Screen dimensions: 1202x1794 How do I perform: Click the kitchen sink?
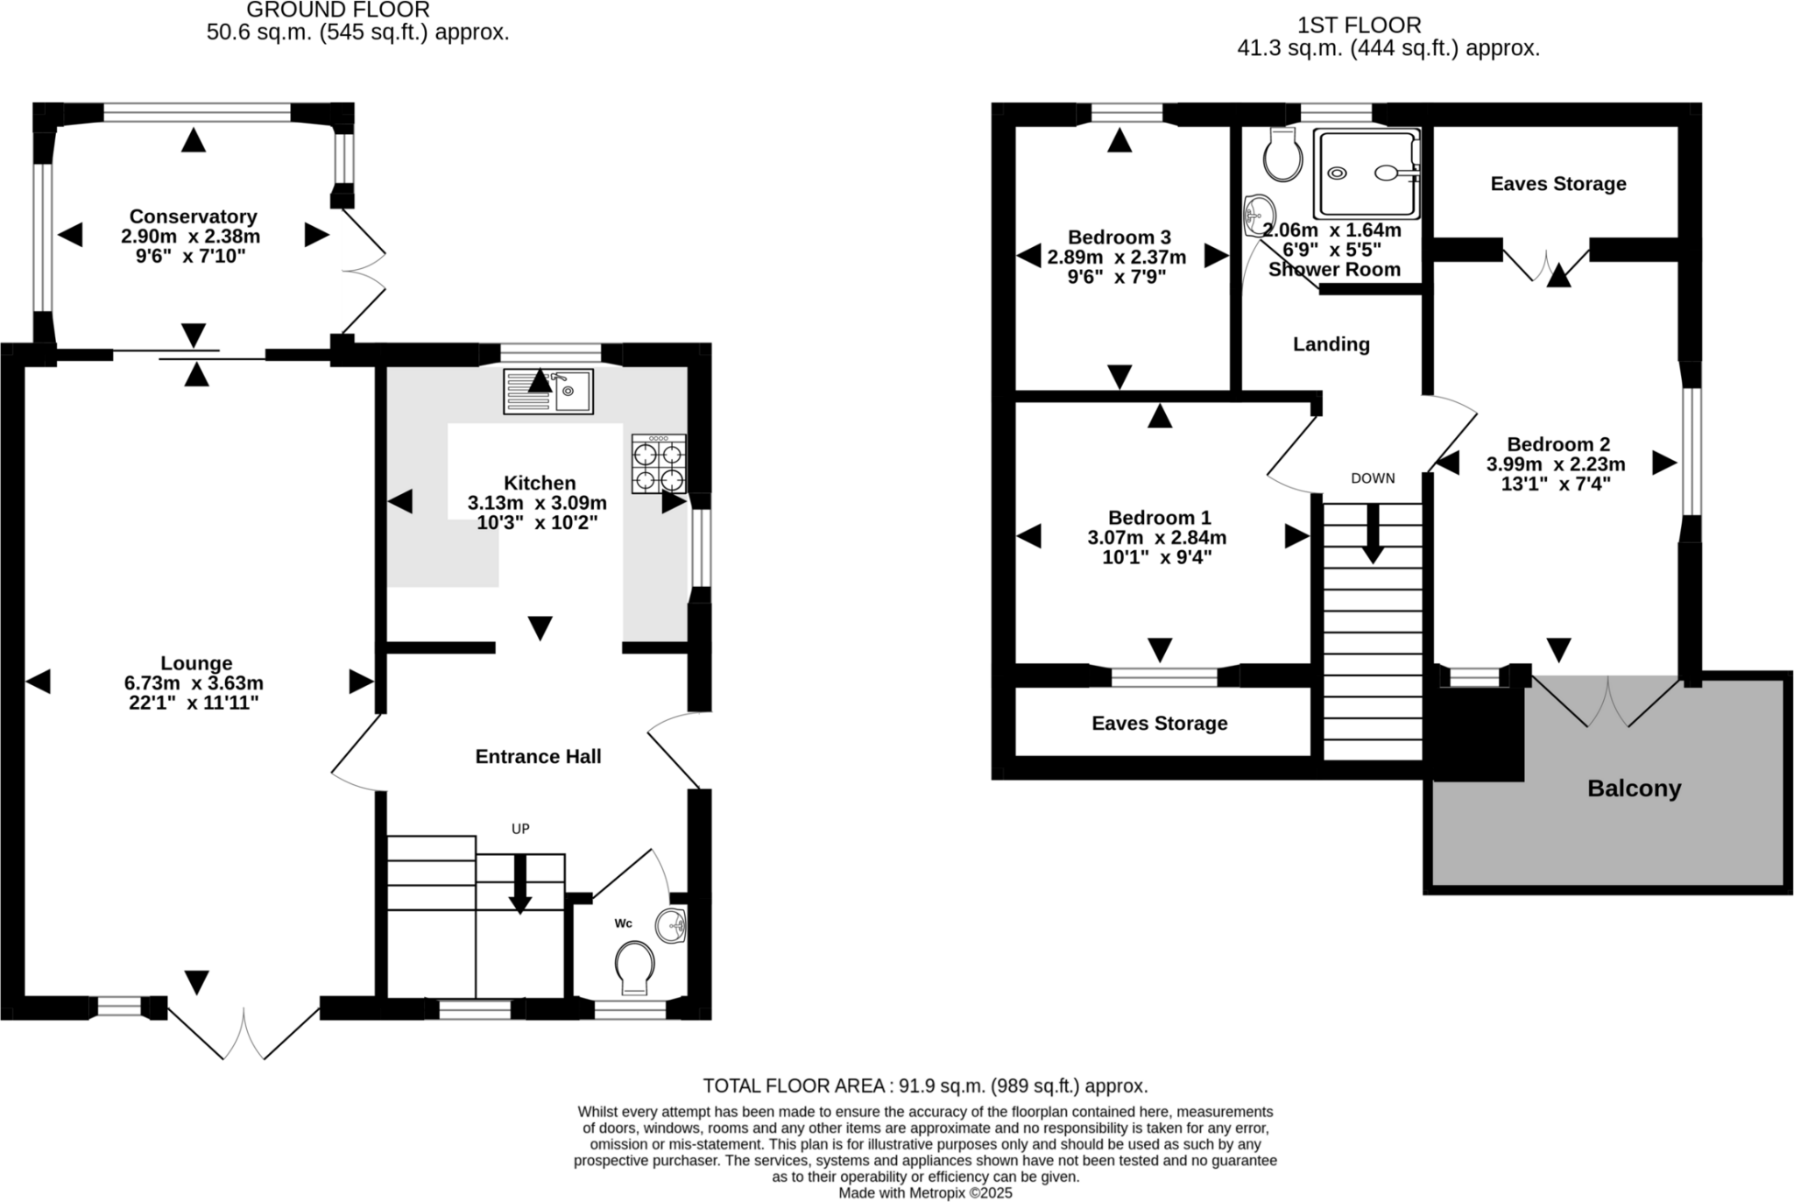click(x=548, y=391)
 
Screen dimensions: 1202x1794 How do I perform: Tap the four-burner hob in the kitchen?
click(x=659, y=465)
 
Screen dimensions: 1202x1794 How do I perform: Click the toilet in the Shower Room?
click(x=1283, y=156)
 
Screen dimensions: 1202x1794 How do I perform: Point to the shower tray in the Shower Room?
click(x=1365, y=173)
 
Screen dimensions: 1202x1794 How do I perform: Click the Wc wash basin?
click(x=672, y=925)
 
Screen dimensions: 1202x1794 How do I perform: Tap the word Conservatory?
click(x=193, y=216)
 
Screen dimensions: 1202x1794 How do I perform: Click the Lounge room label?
click(x=196, y=663)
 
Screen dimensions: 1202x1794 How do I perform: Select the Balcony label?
click(x=1634, y=788)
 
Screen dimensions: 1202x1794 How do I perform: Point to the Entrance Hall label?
click(x=538, y=756)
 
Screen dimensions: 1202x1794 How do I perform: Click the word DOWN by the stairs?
click(x=1373, y=478)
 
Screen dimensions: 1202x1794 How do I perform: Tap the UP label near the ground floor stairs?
click(x=520, y=829)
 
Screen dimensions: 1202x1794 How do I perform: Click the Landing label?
click(x=1331, y=344)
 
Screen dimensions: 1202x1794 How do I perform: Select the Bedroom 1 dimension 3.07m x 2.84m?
click(x=1157, y=537)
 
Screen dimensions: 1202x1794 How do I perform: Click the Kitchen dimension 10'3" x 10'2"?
click(x=537, y=523)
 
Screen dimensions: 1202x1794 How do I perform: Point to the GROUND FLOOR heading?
click(x=337, y=11)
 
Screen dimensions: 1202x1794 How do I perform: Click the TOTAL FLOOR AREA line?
click(x=925, y=1085)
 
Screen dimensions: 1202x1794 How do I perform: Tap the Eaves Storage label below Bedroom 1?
click(x=1159, y=723)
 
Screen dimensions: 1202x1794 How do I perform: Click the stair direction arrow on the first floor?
click(x=1373, y=534)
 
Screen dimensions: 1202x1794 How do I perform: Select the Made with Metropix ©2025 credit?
click(x=925, y=1193)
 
